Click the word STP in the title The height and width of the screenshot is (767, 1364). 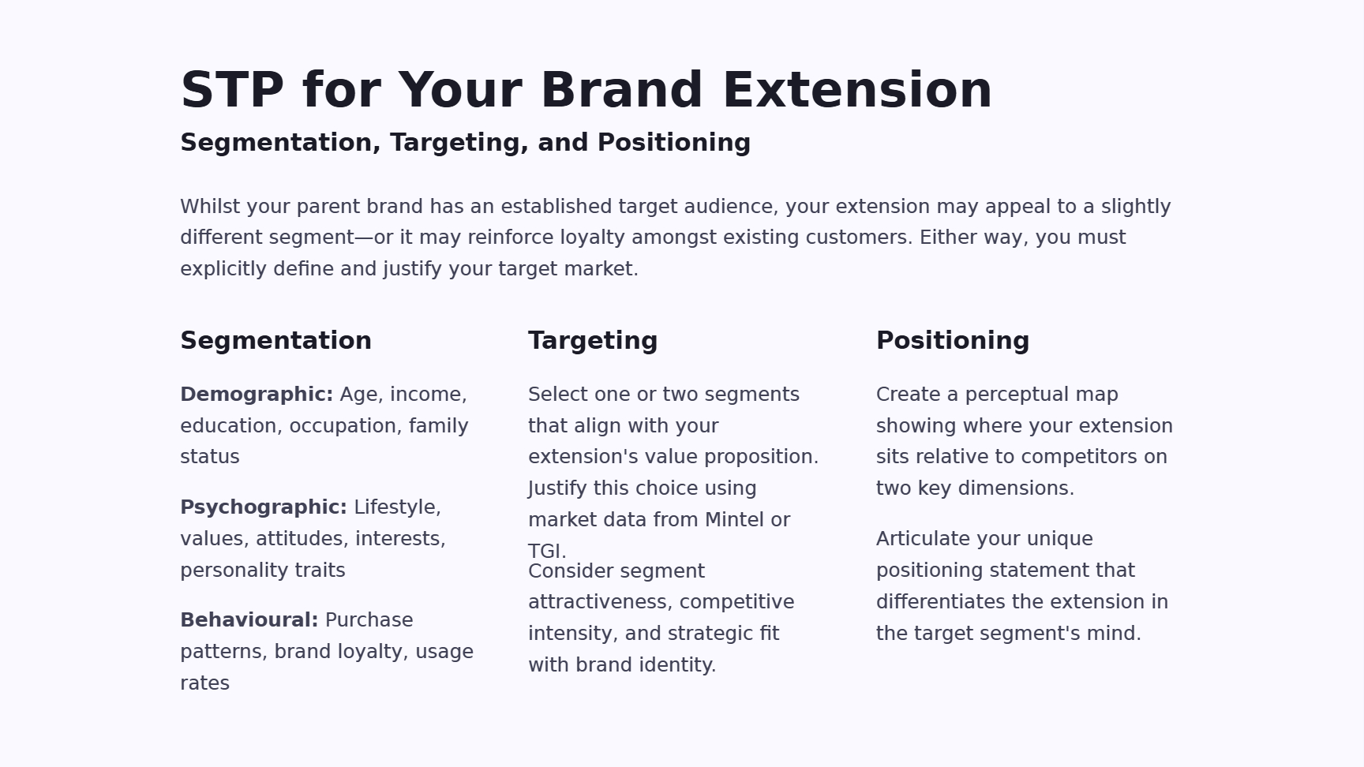coord(232,90)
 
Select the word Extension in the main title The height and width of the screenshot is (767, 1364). coord(857,90)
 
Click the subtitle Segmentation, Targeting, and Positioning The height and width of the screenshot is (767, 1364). coord(466,143)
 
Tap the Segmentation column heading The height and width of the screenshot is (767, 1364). coord(276,341)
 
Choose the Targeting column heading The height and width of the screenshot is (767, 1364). coord(593,341)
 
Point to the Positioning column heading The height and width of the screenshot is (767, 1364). coord(953,341)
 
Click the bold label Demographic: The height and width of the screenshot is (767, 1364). coord(257,395)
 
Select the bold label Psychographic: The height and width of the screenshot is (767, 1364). coord(264,507)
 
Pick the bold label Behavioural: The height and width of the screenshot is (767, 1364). coord(249,620)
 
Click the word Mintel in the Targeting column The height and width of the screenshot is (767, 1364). coord(734,520)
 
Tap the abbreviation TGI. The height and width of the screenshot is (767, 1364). coord(547,551)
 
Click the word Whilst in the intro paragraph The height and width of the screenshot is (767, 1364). coord(211,207)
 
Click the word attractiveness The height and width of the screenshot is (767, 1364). coord(601,602)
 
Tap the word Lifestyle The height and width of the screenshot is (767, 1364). coord(397,508)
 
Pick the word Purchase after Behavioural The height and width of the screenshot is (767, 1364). coord(369,620)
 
